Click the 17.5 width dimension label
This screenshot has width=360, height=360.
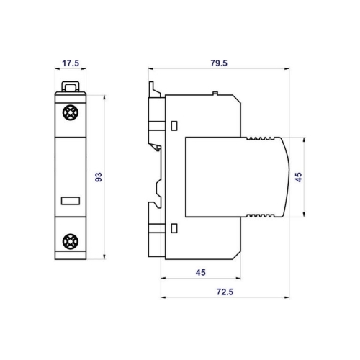coord(70,63)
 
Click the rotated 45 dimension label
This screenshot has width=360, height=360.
coord(299,176)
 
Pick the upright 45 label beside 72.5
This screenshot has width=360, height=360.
coord(201,271)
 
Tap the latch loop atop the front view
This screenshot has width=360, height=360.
coord(71,87)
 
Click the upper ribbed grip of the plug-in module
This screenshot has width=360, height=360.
coord(261,139)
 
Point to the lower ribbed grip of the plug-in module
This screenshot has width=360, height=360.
coord(261,215)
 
